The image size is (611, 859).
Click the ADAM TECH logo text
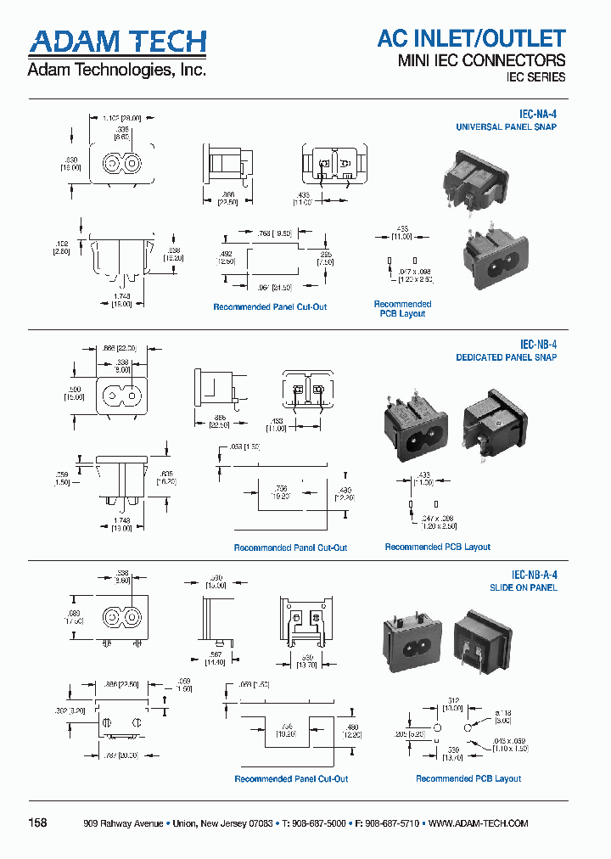coord(117,42)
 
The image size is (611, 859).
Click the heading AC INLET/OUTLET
coord(471,38)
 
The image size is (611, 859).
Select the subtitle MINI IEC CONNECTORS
coord(481,60)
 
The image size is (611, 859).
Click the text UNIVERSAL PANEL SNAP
coord(506,127)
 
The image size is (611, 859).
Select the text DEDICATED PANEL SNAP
coord(506,357)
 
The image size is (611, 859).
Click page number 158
coord(38,823)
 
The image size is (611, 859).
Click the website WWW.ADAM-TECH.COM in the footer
coord(478,823)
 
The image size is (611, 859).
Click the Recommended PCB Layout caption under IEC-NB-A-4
coord(468,778)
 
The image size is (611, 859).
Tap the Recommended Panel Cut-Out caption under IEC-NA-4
coord(270,306)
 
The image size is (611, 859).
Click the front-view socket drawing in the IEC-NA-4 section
coord(121,162)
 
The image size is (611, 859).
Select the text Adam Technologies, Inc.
coord(116,70)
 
